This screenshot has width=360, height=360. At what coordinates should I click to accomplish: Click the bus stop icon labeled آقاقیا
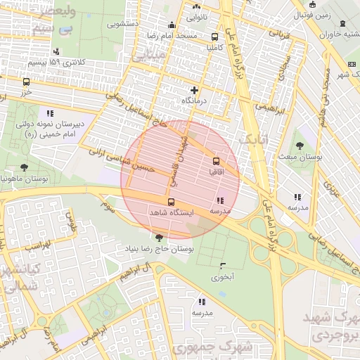[x=216, y=160]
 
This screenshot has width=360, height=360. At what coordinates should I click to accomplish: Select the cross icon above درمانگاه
[x=195, y=90]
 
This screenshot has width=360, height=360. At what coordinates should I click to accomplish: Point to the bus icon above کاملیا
[x=214, y=37]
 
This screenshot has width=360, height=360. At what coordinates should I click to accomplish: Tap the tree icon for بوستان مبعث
[x=300, y=146]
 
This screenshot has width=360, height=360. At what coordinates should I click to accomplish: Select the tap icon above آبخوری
[x=223, y=266]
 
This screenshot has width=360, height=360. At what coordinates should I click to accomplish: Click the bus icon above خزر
[x=27, y=82]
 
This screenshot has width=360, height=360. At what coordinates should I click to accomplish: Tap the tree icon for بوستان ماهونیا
[x=25, y=167]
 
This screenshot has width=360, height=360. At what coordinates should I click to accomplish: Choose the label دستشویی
[x=122, y=23]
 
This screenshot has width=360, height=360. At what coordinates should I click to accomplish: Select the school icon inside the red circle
[x=221, y=201]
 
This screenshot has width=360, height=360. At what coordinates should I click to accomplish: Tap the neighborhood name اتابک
[x=254, y=141]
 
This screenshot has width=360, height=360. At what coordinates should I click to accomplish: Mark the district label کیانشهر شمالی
[x=15, y=278]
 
